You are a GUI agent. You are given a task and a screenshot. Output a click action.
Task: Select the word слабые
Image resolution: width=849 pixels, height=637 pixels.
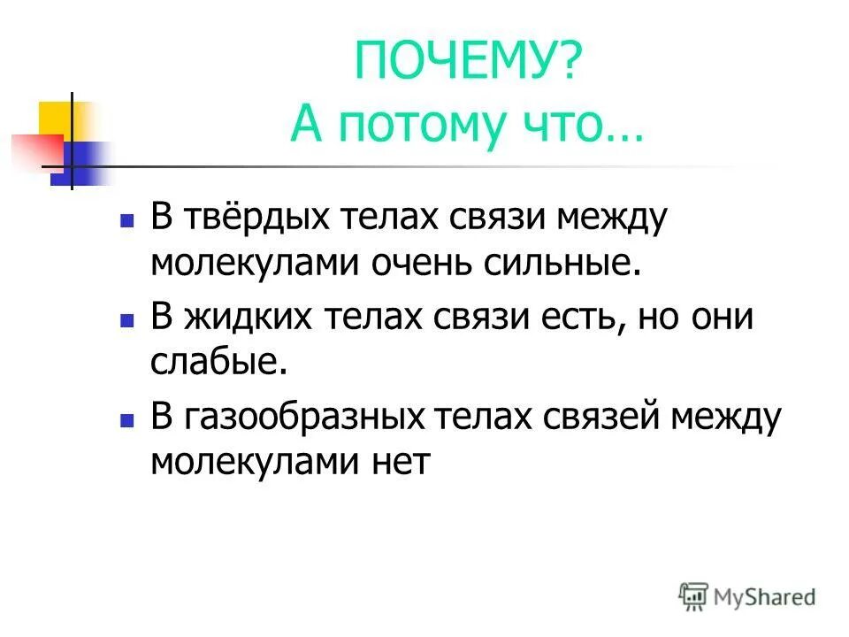[218, 363]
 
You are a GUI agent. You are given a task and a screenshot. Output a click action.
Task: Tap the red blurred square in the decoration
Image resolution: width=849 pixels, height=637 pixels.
[34, 150]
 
